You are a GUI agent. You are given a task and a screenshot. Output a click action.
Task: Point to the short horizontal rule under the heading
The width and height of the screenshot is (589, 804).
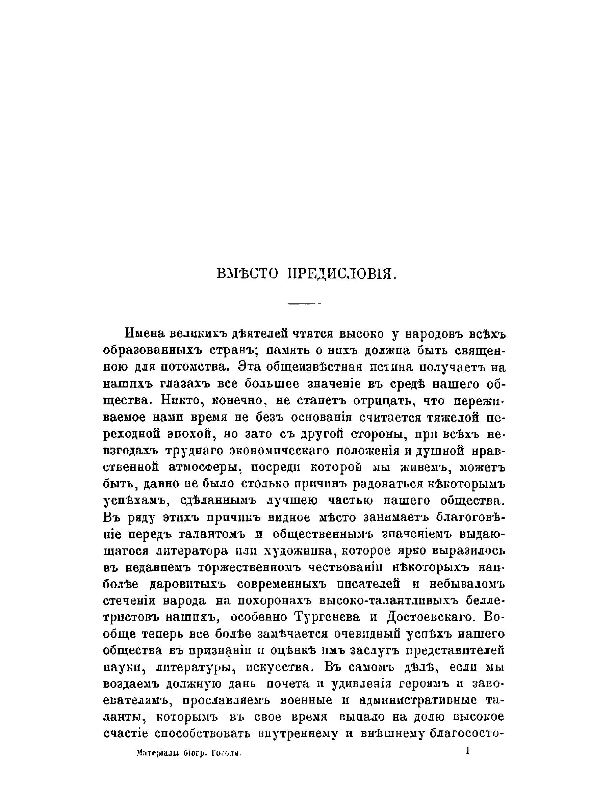[x=305, y=304]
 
